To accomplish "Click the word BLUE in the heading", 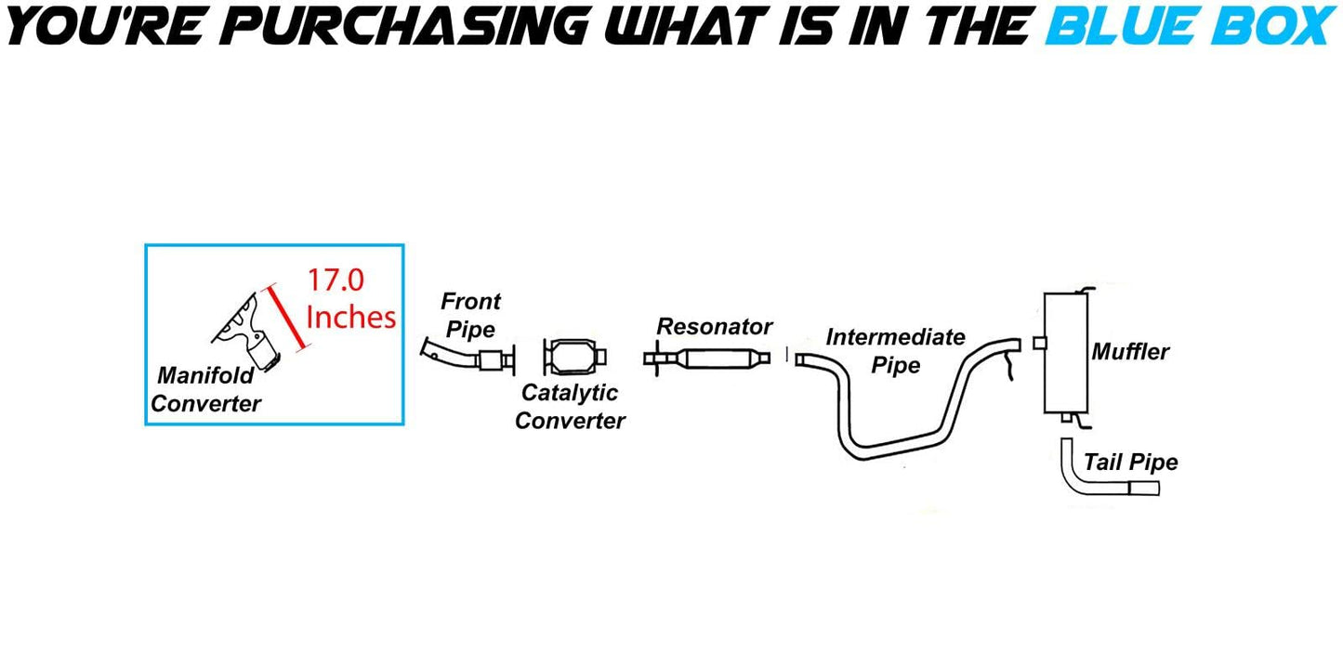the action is (x=1123, y=26).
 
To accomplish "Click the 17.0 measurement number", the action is (x=336, y=280).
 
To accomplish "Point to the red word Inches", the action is (x=351, y=317).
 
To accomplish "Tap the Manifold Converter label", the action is (x=205, y=389).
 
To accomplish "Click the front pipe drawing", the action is (x=467, y=357).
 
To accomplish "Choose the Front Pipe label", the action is (x=470, y=315).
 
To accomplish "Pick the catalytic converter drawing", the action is (x=575, y=358).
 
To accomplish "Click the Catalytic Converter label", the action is (x=570, y=407).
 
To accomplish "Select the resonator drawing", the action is (x=707, y=359).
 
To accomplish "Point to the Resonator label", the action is (x=714, y=327).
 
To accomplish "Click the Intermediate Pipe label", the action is (x=895, y=351).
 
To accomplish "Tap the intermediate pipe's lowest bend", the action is (x=863, y=451).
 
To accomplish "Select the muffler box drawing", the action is (x=1065, y=354).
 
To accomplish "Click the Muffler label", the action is (x=1130, y=352).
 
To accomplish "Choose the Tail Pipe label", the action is (x=1131, y=462).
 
